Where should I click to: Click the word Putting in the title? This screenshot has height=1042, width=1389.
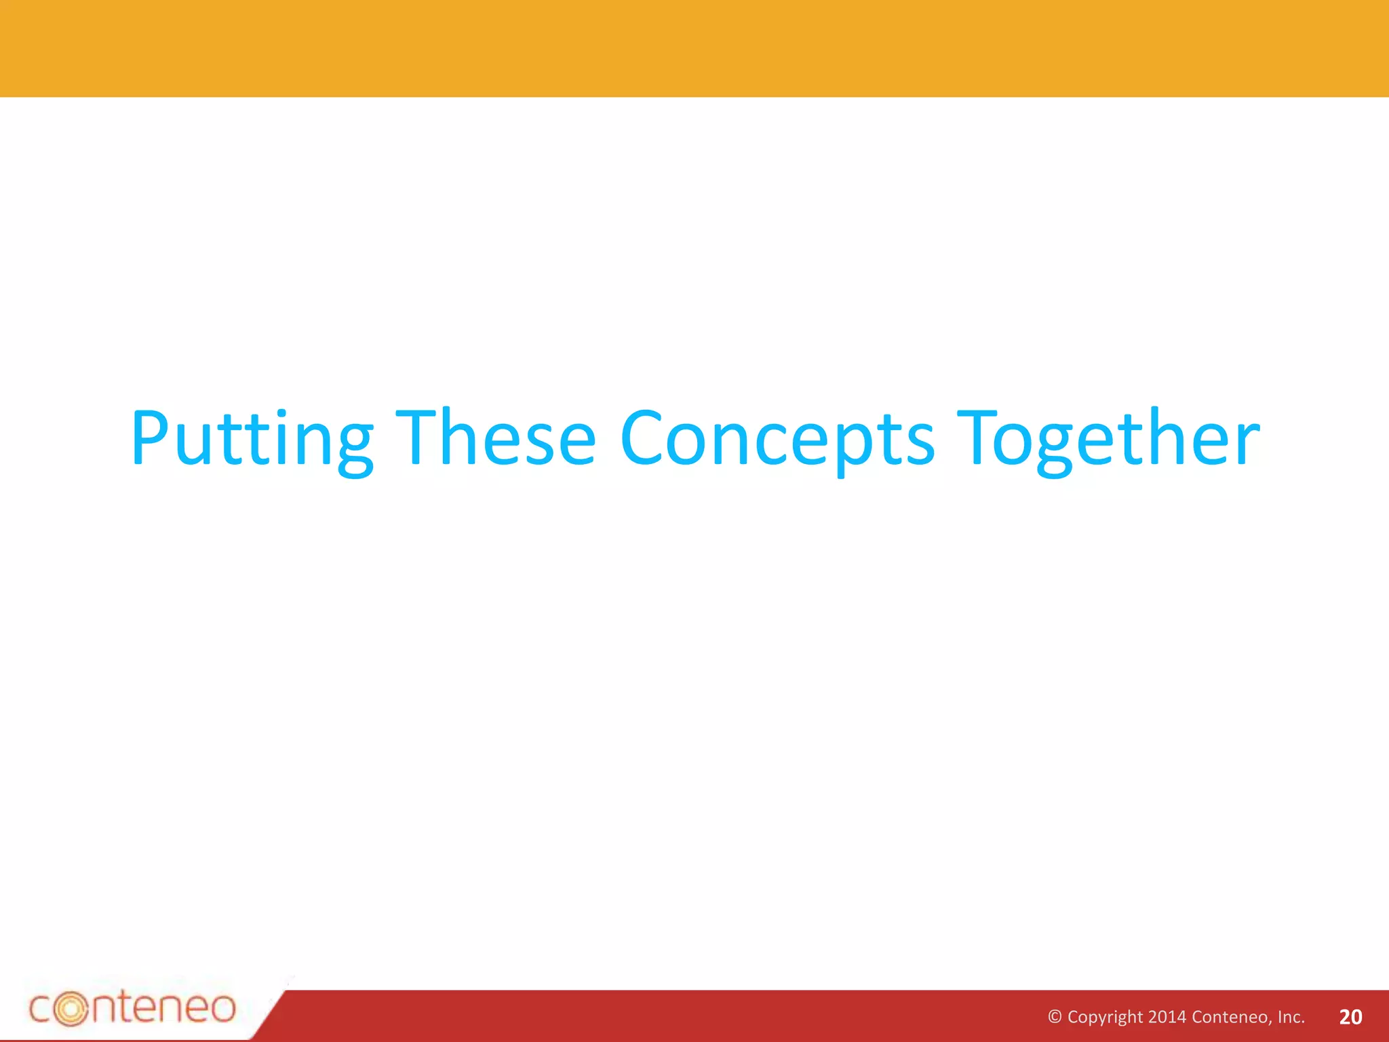252,439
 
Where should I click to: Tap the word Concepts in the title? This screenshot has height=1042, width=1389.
777,439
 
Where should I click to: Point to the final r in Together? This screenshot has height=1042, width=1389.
1247,446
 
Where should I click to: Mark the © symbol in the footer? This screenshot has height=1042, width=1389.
1055,1016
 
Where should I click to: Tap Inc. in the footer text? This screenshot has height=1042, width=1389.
1291,1016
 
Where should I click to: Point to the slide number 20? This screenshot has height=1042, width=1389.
1351,1016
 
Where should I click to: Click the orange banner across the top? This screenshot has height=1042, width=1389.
694,48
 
